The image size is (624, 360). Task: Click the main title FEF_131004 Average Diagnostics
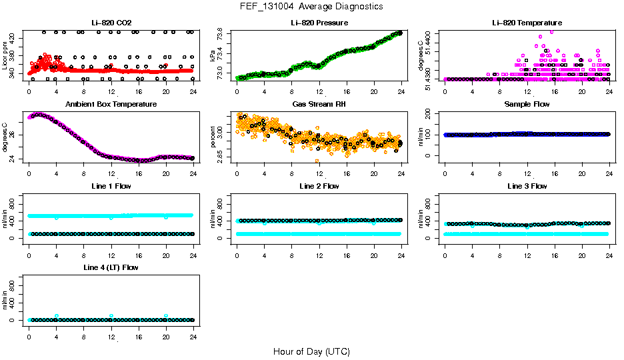pos(311,6)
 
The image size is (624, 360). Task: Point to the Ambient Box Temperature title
pos(111,105)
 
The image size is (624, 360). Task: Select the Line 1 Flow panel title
pos(111,186)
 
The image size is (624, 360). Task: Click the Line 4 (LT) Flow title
pos(111,267)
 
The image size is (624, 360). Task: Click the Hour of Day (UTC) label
pos(311,351)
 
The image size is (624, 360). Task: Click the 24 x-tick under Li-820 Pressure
pos(401,91)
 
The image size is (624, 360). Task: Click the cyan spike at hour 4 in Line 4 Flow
pos(57,316)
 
